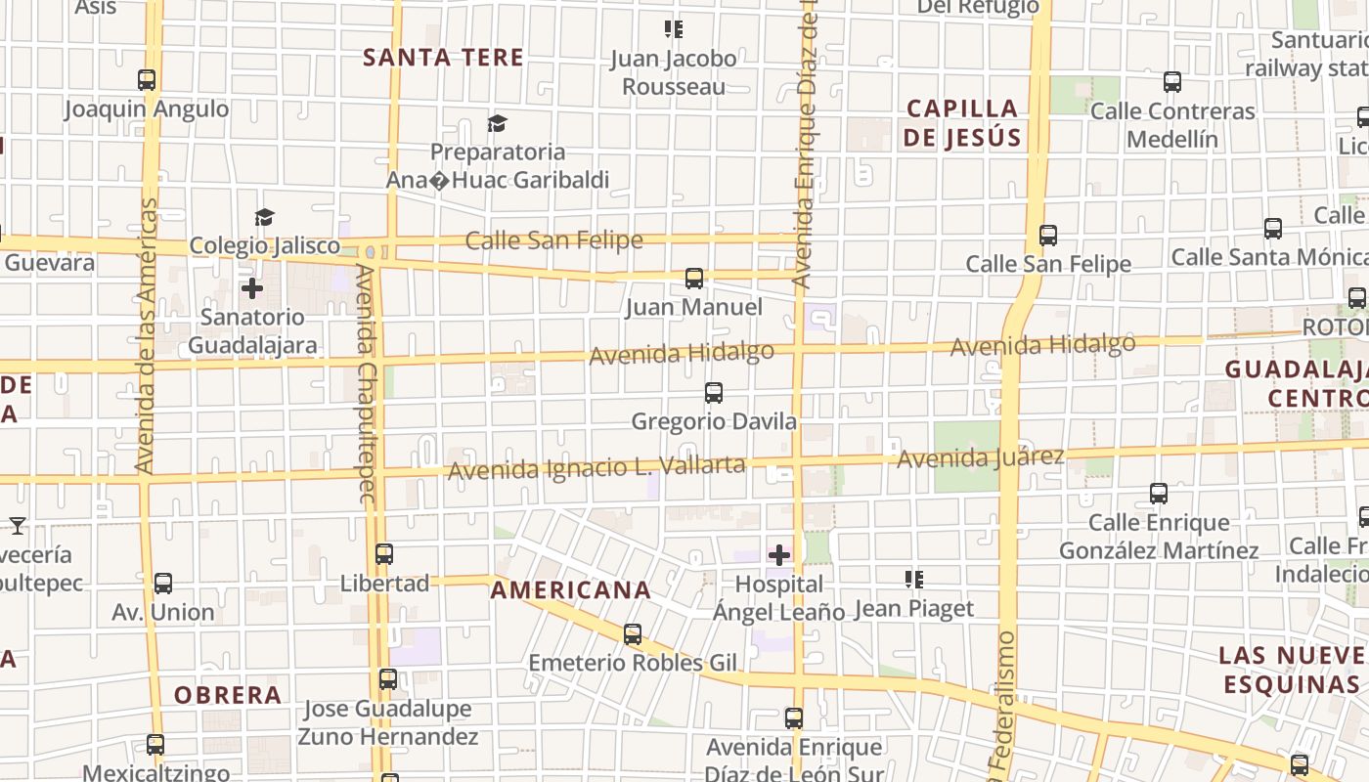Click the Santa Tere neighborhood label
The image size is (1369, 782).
pos(443,58)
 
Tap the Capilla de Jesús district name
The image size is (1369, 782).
pos(963,123)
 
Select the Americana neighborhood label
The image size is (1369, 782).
pos(571,590)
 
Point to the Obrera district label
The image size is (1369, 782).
pos(228,696)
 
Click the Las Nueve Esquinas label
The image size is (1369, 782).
pos(1291,669)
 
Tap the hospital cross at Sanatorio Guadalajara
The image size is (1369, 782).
pos(252,288)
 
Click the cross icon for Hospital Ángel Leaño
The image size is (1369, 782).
pos(779,555)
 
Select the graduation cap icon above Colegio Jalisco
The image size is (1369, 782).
pos(264,217)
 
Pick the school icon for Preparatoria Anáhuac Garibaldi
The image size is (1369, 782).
pos(498,123)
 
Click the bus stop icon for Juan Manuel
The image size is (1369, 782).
pos(694,279)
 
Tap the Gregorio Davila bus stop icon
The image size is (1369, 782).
pos(714,393)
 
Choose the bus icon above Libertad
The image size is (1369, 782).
pos(384,554)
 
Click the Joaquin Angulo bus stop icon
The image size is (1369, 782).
pos(147,80)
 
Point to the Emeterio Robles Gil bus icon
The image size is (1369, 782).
pos(633,634)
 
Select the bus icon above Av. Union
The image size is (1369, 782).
pos(163,584)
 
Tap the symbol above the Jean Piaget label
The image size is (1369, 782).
pos(915,580)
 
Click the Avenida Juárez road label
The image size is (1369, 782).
pos(980,457)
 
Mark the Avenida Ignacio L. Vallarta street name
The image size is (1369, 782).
pos(596,467)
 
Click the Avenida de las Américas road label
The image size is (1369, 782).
pos(147,336)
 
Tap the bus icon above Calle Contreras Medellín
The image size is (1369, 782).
pos(1172,82)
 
